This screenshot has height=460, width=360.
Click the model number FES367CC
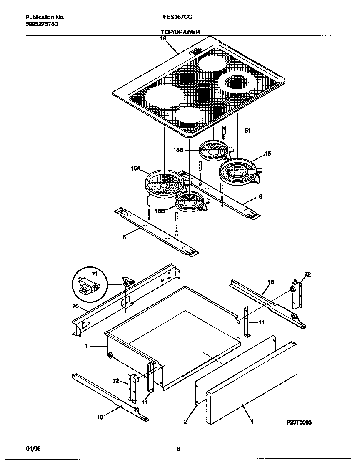click(x=177, y=18)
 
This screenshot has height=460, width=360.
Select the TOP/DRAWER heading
click(x=180, y=32)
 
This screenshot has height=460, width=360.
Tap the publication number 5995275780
click(x=42, y=24)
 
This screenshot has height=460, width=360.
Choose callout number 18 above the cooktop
click(x=163, y=38)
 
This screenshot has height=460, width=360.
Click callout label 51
click(x=247, y=131)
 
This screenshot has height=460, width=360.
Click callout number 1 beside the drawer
click(x=86, y=346)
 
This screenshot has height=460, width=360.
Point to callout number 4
click(x=252, y=422)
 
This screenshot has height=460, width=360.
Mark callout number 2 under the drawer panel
click(x=185, y=422)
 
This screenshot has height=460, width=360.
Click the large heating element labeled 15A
click(x=165, y=183)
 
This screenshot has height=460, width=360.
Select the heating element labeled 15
click(x=237, y=171)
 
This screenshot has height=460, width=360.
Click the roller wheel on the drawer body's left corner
click(x=110, y=355)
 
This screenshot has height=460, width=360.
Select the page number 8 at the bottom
click(x=178, y=449)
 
